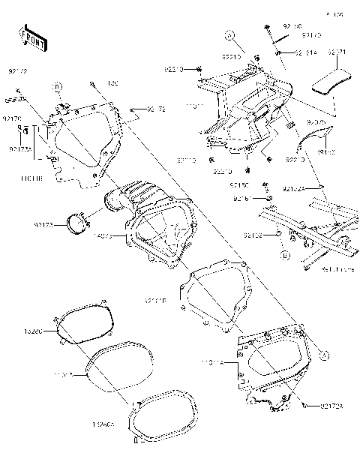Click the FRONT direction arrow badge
coord(30,35)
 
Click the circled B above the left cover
coord(57,88)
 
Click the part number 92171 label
coord(334,52)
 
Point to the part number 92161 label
coord(241,199)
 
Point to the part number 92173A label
coord(20,148)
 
